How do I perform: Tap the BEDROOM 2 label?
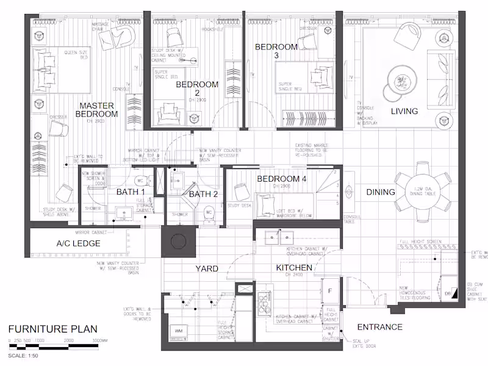pos(197,89)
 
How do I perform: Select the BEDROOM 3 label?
pos(276,51)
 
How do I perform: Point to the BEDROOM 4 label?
pos(282,179)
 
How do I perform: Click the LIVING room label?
pos(404,111)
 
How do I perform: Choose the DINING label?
pos(381,192)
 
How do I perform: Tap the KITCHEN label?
pos(294,268)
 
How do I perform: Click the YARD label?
pos(207,268)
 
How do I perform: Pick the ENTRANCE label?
pos(379,327)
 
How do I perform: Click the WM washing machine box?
pos(179,331)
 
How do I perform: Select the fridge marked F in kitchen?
pos(330,291)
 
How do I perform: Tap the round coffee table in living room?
pos(401,82)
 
